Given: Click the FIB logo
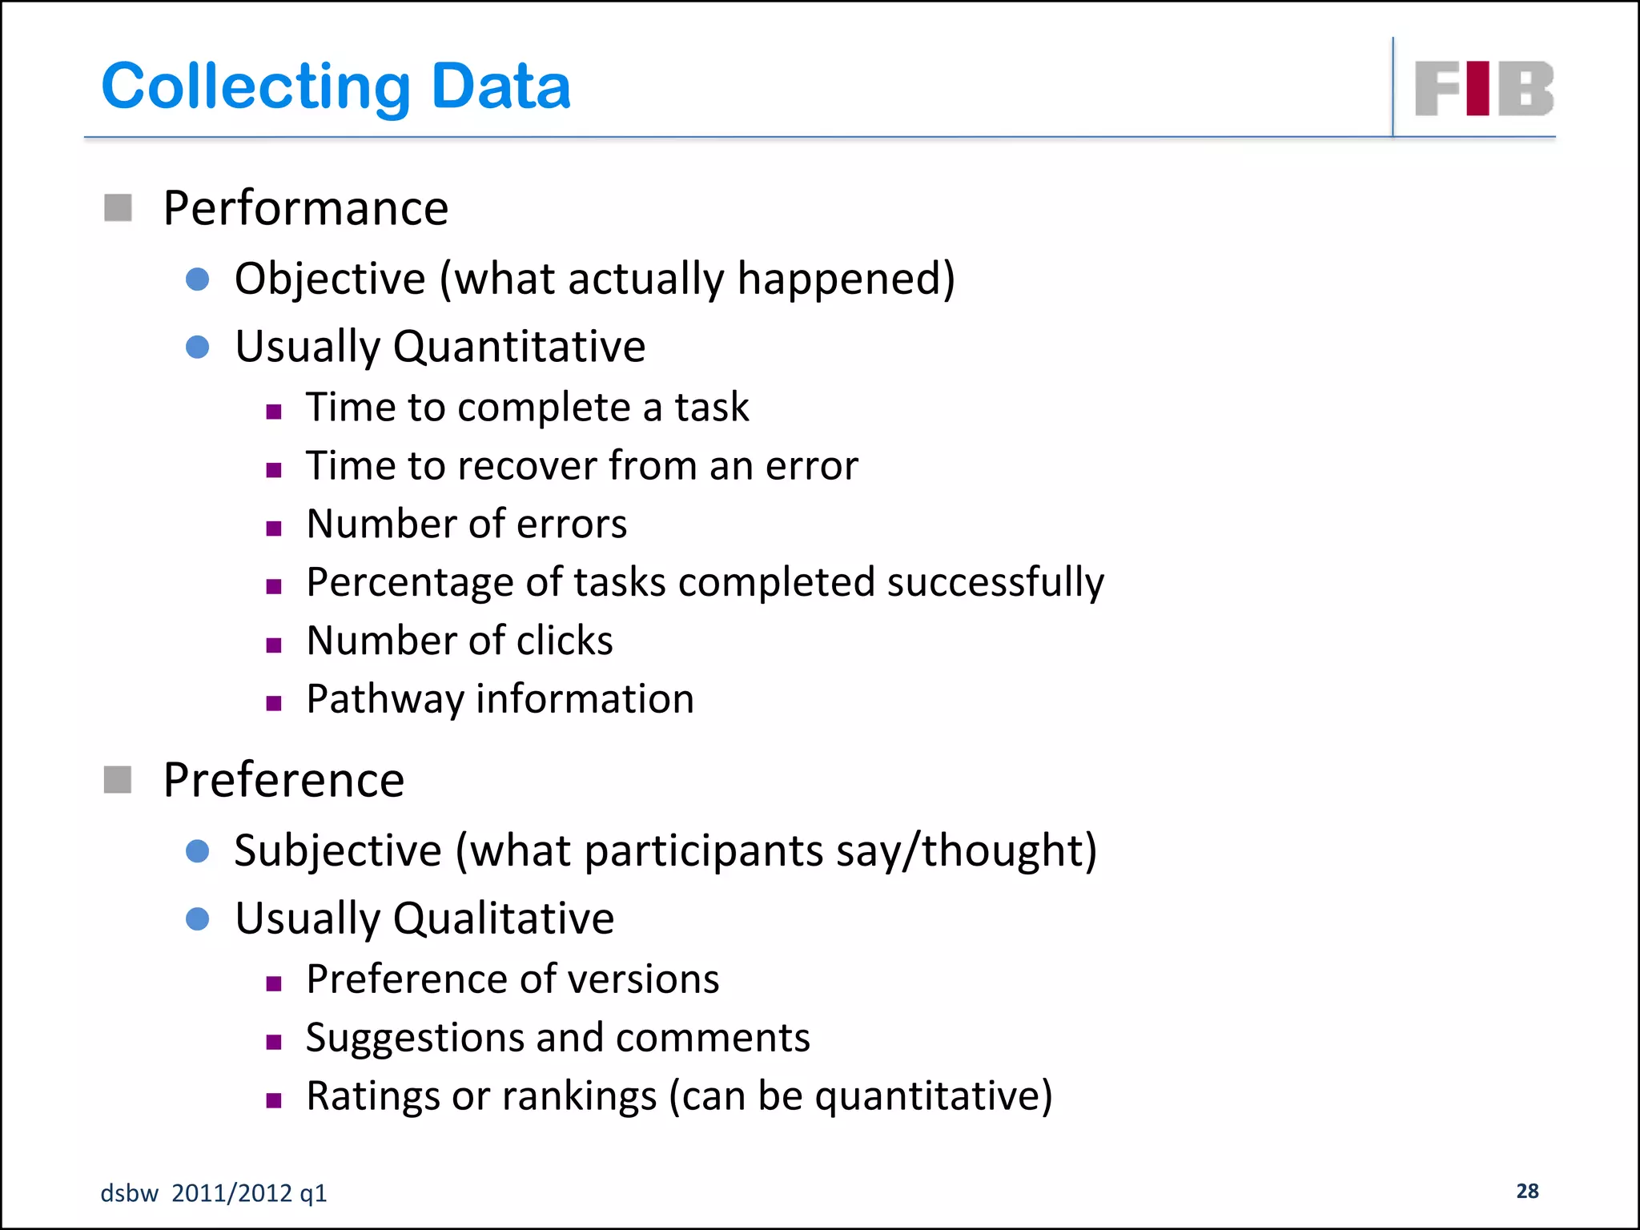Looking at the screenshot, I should tap(1484, 88).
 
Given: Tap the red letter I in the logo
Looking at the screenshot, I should tap(1477, 88).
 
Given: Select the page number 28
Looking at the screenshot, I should tap(1527, 1191).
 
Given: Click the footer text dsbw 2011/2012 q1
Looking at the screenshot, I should tap(214, 1193).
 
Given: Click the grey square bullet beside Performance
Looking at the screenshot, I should tap(119, 208).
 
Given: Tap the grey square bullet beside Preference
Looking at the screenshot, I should tap(119, 779).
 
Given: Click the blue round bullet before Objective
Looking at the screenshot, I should tap(197, 279).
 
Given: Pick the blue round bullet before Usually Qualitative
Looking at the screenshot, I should tap(197, 918).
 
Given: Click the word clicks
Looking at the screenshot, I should tap(565, 641).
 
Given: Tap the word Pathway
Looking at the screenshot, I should tap(385, 700).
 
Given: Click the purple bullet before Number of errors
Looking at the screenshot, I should tap(274, 529).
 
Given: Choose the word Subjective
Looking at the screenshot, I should tap(338, 850).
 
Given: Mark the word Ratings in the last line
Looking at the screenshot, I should tap(372, 1096).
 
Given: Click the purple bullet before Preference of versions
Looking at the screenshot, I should tap(274, 983).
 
